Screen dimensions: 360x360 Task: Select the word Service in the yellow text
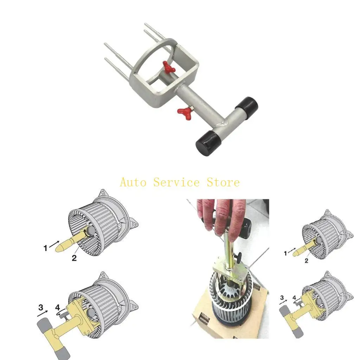coord(176,182)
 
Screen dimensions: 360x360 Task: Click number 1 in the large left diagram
coord(45,248)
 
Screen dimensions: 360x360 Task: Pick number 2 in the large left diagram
coord(74,258)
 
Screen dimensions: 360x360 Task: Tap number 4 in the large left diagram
coord(58,308)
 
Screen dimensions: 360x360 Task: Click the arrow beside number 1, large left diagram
coord(54,243)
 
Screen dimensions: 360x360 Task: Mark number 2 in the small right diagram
coord(307,261)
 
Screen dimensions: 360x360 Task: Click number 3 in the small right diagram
coord(282,297)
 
